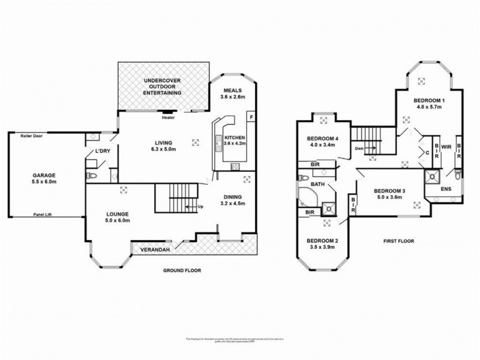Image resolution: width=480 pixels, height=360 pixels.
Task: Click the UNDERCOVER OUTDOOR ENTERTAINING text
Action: point(163,87)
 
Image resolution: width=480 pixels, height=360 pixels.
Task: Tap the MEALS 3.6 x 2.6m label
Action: point(232,92)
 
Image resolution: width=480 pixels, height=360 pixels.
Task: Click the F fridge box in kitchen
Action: point(251,115)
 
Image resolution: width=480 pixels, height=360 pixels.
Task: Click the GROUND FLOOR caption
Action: point(182,271)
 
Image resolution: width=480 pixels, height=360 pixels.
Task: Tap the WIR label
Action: point(446,145)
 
